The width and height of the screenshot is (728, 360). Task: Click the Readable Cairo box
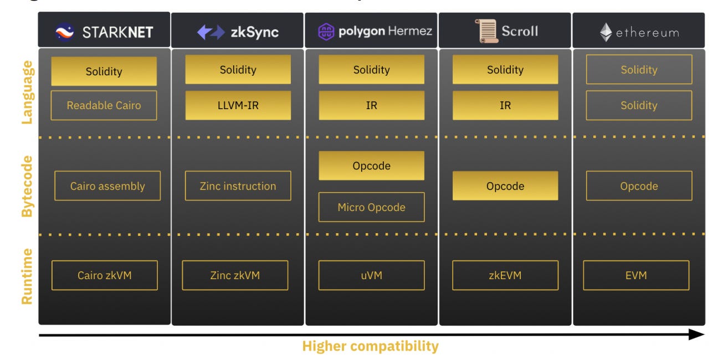[x=104, y=105]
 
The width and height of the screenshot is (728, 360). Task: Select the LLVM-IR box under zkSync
[x=238, y=105]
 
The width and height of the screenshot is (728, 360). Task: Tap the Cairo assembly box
[x=107, y=186]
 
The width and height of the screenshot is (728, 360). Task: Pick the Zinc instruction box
[x=238, y=186]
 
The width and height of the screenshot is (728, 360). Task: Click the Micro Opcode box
[x=371, y=207]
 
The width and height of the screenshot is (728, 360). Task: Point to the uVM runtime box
[x=371, y=275]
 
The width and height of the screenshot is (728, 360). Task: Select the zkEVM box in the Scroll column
[x=505, y=275]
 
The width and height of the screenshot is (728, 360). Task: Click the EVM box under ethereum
[x=636, y=275]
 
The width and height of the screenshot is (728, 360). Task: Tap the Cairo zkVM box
[x=104, y=275]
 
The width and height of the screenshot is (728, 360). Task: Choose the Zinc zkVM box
[x=235, y=275]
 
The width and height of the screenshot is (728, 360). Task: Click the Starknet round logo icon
[x=65, y=32]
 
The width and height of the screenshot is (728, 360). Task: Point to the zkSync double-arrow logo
[x=211, y=32]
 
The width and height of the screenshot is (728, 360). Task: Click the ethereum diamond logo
[x=606, y=33]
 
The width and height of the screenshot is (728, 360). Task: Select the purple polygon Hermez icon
[x=326, y=32]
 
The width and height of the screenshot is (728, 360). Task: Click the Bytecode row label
[x=27, y=186]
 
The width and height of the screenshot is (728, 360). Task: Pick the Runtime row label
[x=27, y=276]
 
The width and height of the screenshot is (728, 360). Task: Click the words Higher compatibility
[x=370, y=347]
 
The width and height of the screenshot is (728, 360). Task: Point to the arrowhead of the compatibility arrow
[x=697, y=335]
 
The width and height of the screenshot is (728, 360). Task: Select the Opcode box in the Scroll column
[x=505, y=186]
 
